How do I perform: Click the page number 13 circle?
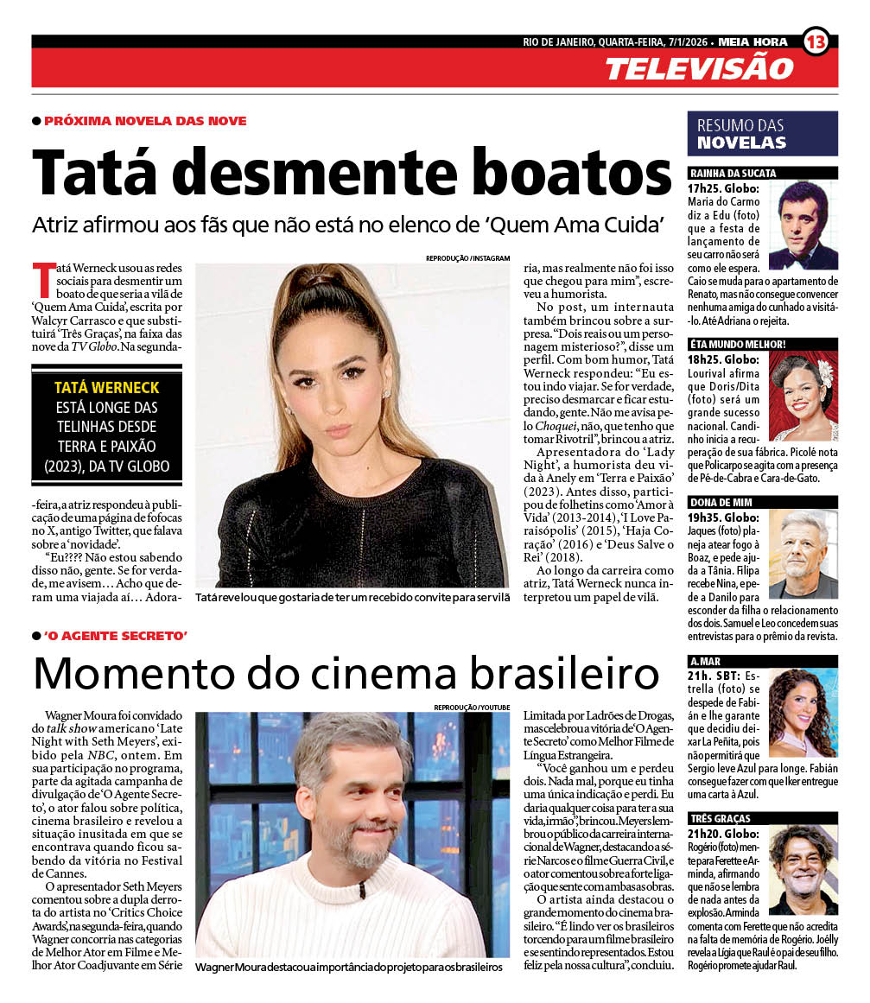[x=816, y=41]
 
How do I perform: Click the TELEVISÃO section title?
[x=698, y=68]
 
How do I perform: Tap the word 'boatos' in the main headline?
[x=566, y=172]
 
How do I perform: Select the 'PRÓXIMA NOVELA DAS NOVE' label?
[x=145, y=121]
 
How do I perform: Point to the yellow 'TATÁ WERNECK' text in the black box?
[x=106, y=388]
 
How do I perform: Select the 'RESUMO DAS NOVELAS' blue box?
[x=762, y=134]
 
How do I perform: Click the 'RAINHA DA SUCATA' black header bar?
[x=762, y=173]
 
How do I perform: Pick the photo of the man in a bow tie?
[x=803, y=225]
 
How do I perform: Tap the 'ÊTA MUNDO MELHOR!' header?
[x=762, y=343]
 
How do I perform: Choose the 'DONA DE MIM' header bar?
[x=762, y=502]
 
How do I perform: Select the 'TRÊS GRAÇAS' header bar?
[x=762, y=818]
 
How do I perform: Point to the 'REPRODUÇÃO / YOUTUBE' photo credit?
[x=471, y=708]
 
